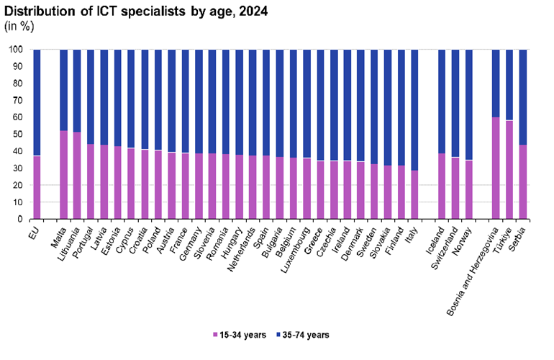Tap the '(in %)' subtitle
pos(20,26)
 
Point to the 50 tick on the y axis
pos(15,134)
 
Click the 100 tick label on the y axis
pos(14,50)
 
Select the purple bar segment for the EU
pos(37,187)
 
